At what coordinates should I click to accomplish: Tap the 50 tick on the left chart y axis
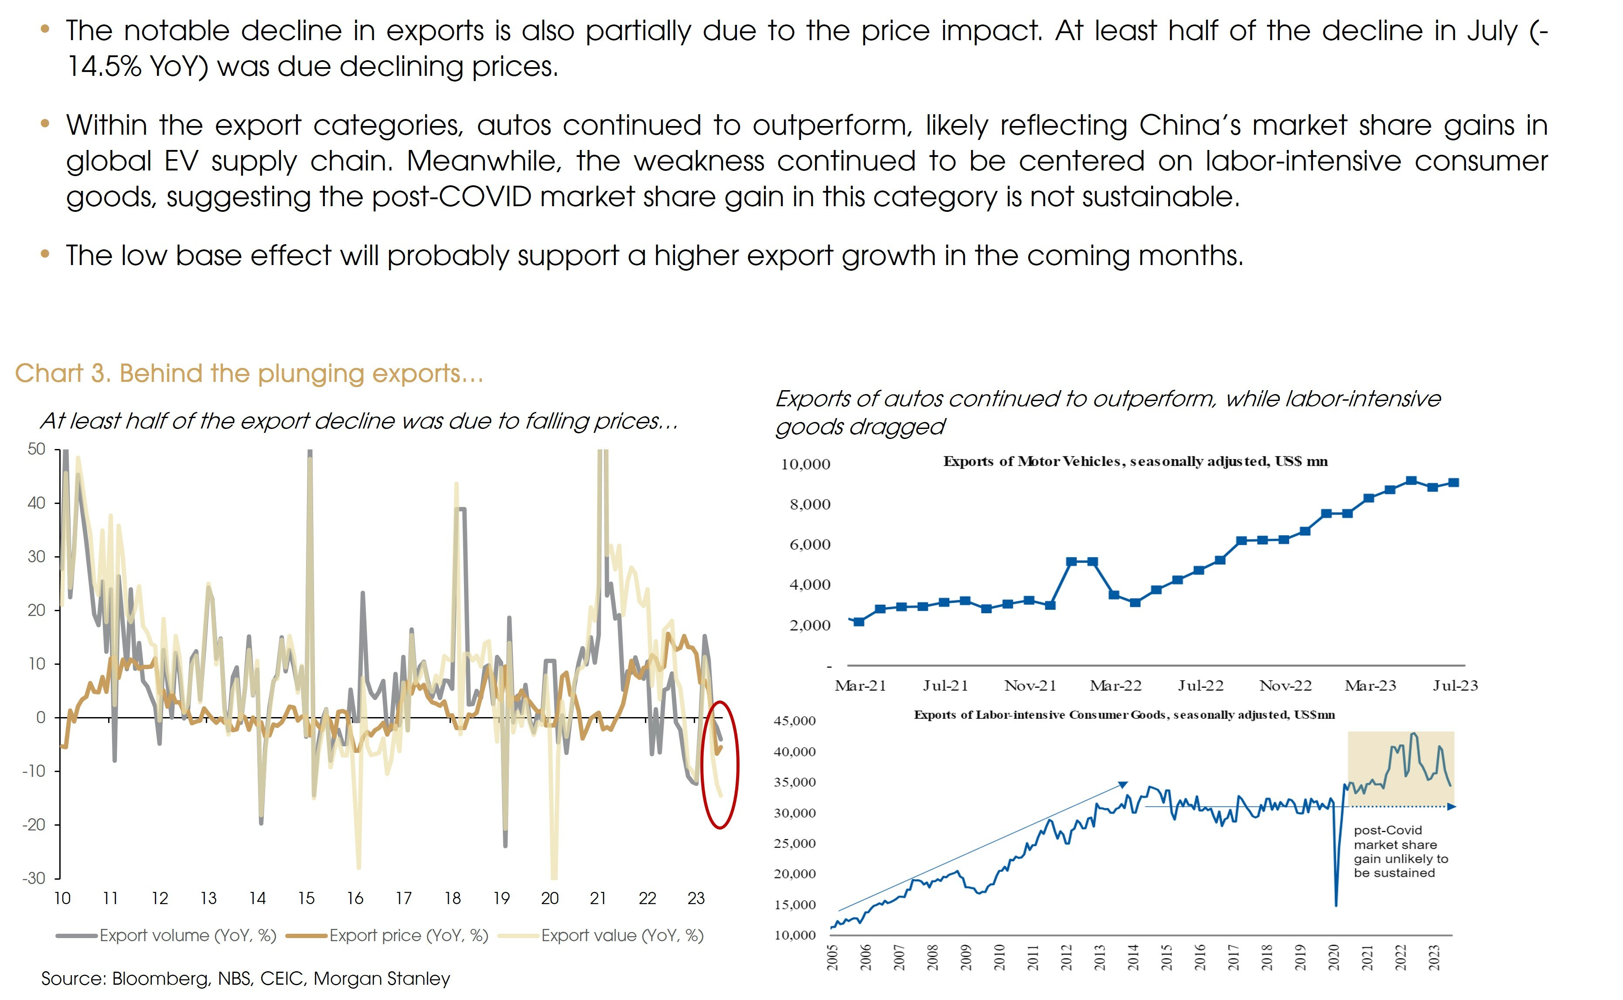pyautogui.click(x=36, y=450)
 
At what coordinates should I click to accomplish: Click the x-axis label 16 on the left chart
pyautogui.click(x=355, y=898)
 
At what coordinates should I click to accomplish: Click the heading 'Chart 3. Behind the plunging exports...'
pyautogui.click(x=249, y=374)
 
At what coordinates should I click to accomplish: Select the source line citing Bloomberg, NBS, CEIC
pyautogui.click(x=245, y=978)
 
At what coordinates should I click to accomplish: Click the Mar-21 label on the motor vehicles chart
pyautogui.click(x=860, y=686)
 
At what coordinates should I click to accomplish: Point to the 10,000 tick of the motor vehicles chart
pyautogui.click(x=805, y=464)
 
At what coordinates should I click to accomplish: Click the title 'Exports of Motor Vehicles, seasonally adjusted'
pyautogui.click(x=1135, y=462)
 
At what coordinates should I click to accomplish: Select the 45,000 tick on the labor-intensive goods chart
pyautogui.click(x=795, y=721)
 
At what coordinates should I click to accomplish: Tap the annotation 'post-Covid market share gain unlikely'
pyautogui.click(x=1400, y=851)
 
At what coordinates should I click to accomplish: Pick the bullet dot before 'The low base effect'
pyautogui.click(x=45, y=254)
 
